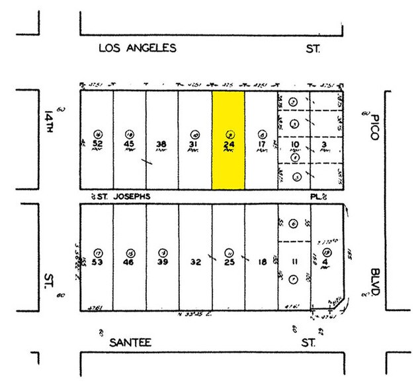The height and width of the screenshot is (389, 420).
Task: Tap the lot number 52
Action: click(x=98, y=144)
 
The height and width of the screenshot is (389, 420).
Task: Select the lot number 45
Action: click(x=130, y=144)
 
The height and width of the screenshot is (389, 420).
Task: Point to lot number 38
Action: click(x=161, y=144)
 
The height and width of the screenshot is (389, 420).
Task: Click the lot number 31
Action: click(x=194, y=144)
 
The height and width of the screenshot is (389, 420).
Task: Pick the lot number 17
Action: click(x=262, y=144)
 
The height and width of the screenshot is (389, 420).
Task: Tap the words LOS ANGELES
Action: click(x=138, y=48)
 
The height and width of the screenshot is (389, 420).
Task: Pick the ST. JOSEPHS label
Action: click(x=124, y=195)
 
